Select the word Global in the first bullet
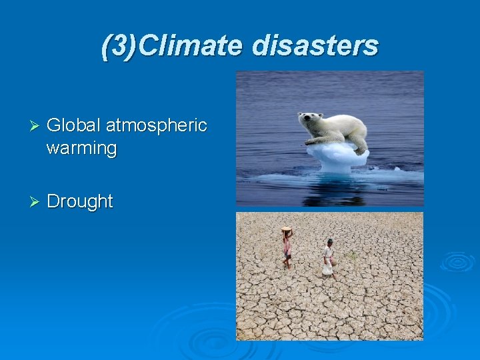tap(74, 125)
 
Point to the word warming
tap(81, 148)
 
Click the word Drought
tap(80, 201)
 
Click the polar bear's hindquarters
tap(356, 130)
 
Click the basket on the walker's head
tap(287, 229)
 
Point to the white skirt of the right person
tap(327, 268)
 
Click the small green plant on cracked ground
tap(353, 257)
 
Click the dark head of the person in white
tap(329, 241)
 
